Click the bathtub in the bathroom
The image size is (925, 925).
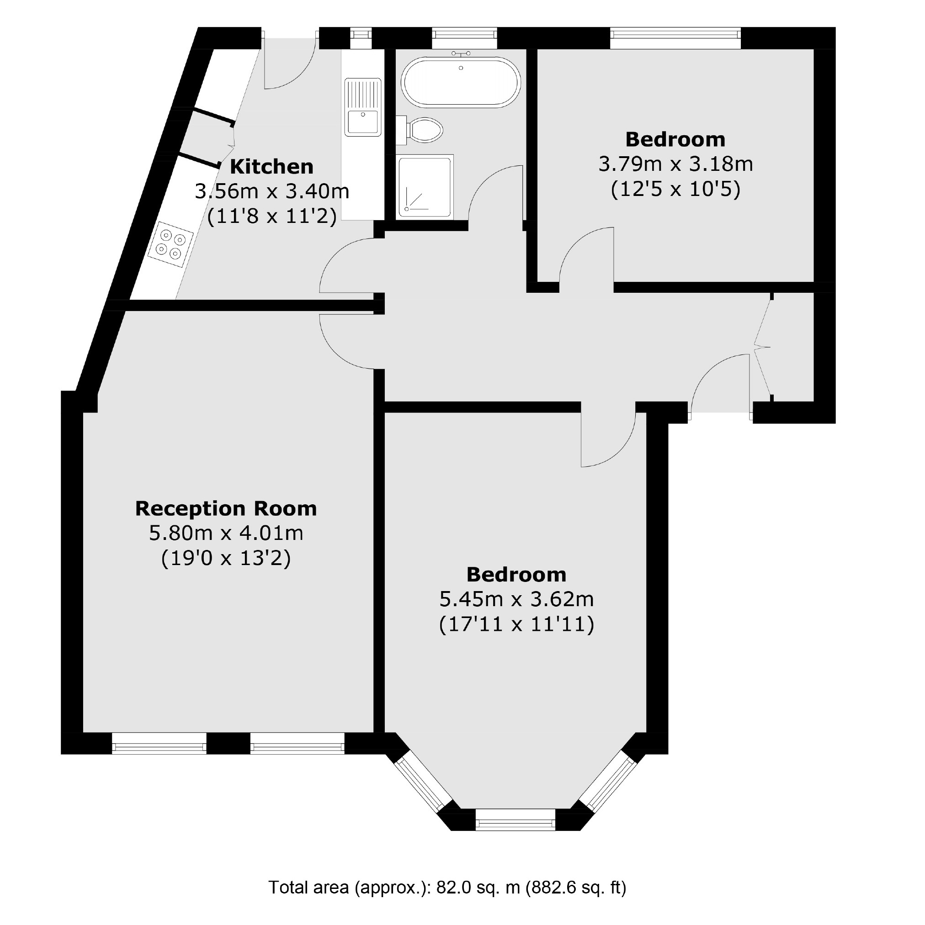click(461, 82)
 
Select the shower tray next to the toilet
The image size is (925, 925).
click(425, 187)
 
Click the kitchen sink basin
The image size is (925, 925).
click(362, 121)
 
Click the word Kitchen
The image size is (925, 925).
click(271, 167)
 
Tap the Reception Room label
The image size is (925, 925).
click(226, 508)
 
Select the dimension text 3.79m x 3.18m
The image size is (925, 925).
click(675, 164)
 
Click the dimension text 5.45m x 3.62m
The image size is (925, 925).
click(516, 599)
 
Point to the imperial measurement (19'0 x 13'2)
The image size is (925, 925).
click(226, 558)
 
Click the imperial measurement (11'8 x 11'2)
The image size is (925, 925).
click(271, 217)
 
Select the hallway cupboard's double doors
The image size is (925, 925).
click(762, 347)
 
